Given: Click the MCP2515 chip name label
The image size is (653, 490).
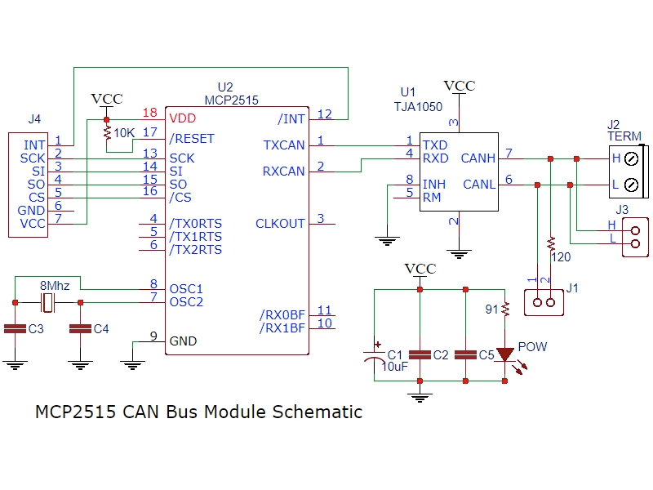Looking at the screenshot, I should (x=231, y=100).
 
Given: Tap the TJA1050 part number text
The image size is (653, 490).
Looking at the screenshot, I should (x=417, y=106).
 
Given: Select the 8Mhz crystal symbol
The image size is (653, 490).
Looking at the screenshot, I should (x=47, y=302).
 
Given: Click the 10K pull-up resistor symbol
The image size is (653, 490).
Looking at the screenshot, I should (x=106, y=131).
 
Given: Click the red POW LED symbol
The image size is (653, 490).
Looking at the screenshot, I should (x=505, y=354).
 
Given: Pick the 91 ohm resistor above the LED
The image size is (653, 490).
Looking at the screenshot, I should (x=505, y=309).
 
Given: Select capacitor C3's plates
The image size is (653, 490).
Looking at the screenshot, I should (x=15, y=329).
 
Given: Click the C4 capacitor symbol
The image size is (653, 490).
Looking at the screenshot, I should (x=80, y=329).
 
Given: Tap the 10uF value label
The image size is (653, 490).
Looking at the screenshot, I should (x=394, y=367).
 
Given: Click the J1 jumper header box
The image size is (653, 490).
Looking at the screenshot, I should (x=544, y=302).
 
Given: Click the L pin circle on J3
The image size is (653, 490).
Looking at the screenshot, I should (x=635, y=243).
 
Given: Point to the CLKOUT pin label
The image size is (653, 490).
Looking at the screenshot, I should (x=280, y=224).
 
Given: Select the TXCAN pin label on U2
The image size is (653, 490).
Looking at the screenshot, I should (x=283, y=145).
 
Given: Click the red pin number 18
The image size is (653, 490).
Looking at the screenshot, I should (x=149, y=113).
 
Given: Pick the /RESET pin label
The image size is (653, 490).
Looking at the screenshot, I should (x=192, y=139).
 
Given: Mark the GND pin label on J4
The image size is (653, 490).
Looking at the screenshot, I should (x=32, y=211).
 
